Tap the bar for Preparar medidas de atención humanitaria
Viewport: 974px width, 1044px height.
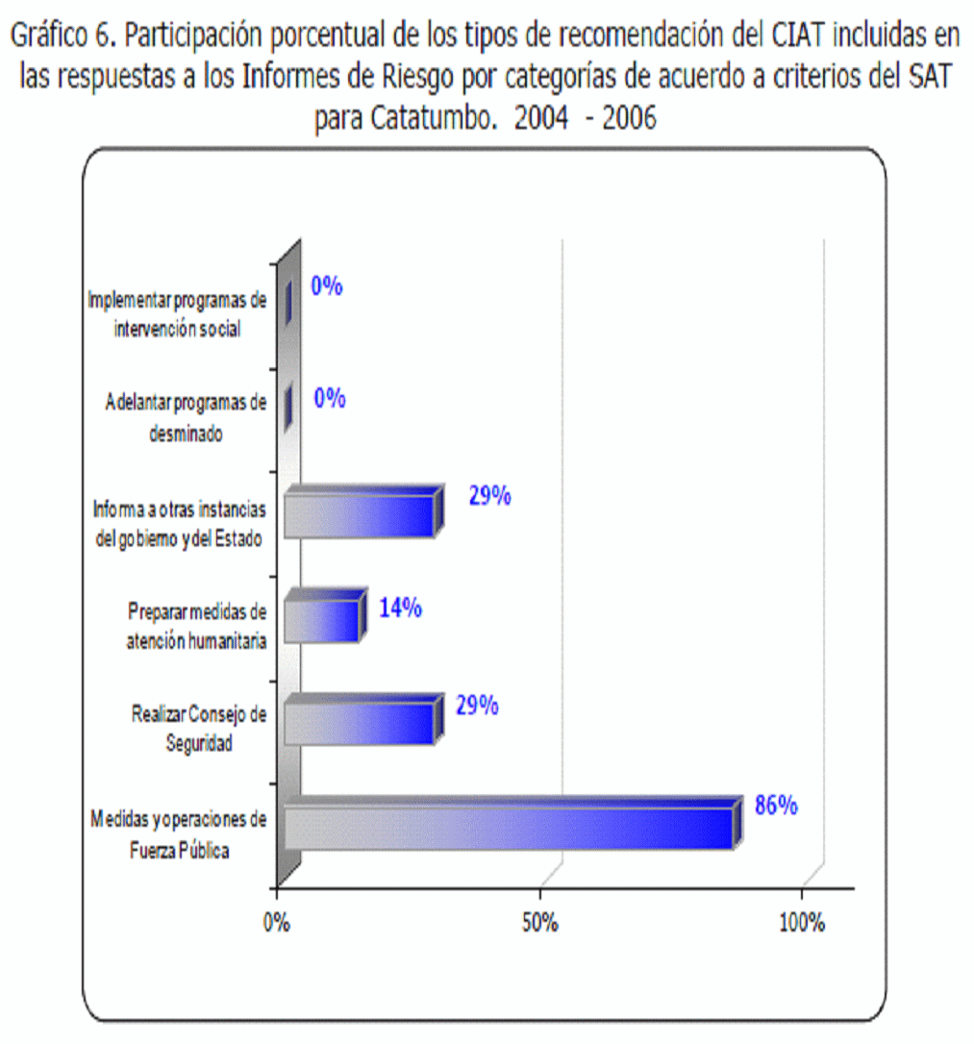click(x=323, y=620)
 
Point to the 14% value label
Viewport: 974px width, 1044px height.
click(x=400, y=609)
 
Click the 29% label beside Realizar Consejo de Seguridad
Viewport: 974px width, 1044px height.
click(x=477, y=706)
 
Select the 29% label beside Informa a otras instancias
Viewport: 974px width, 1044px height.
click(x=489, y=497)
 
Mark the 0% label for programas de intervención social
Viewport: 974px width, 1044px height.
click(x=327, y=286)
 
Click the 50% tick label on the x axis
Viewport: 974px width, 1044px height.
click(x=540, y=923)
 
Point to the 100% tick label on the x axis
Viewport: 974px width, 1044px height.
click(x=801, y=923)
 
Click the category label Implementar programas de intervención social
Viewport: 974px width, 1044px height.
click(x=176, y=314)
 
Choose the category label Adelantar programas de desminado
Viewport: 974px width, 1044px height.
click(x=186, y=418)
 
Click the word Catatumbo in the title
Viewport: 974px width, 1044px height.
click(x=426, y=119)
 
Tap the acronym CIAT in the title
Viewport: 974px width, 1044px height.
click(x=800, y=37)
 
